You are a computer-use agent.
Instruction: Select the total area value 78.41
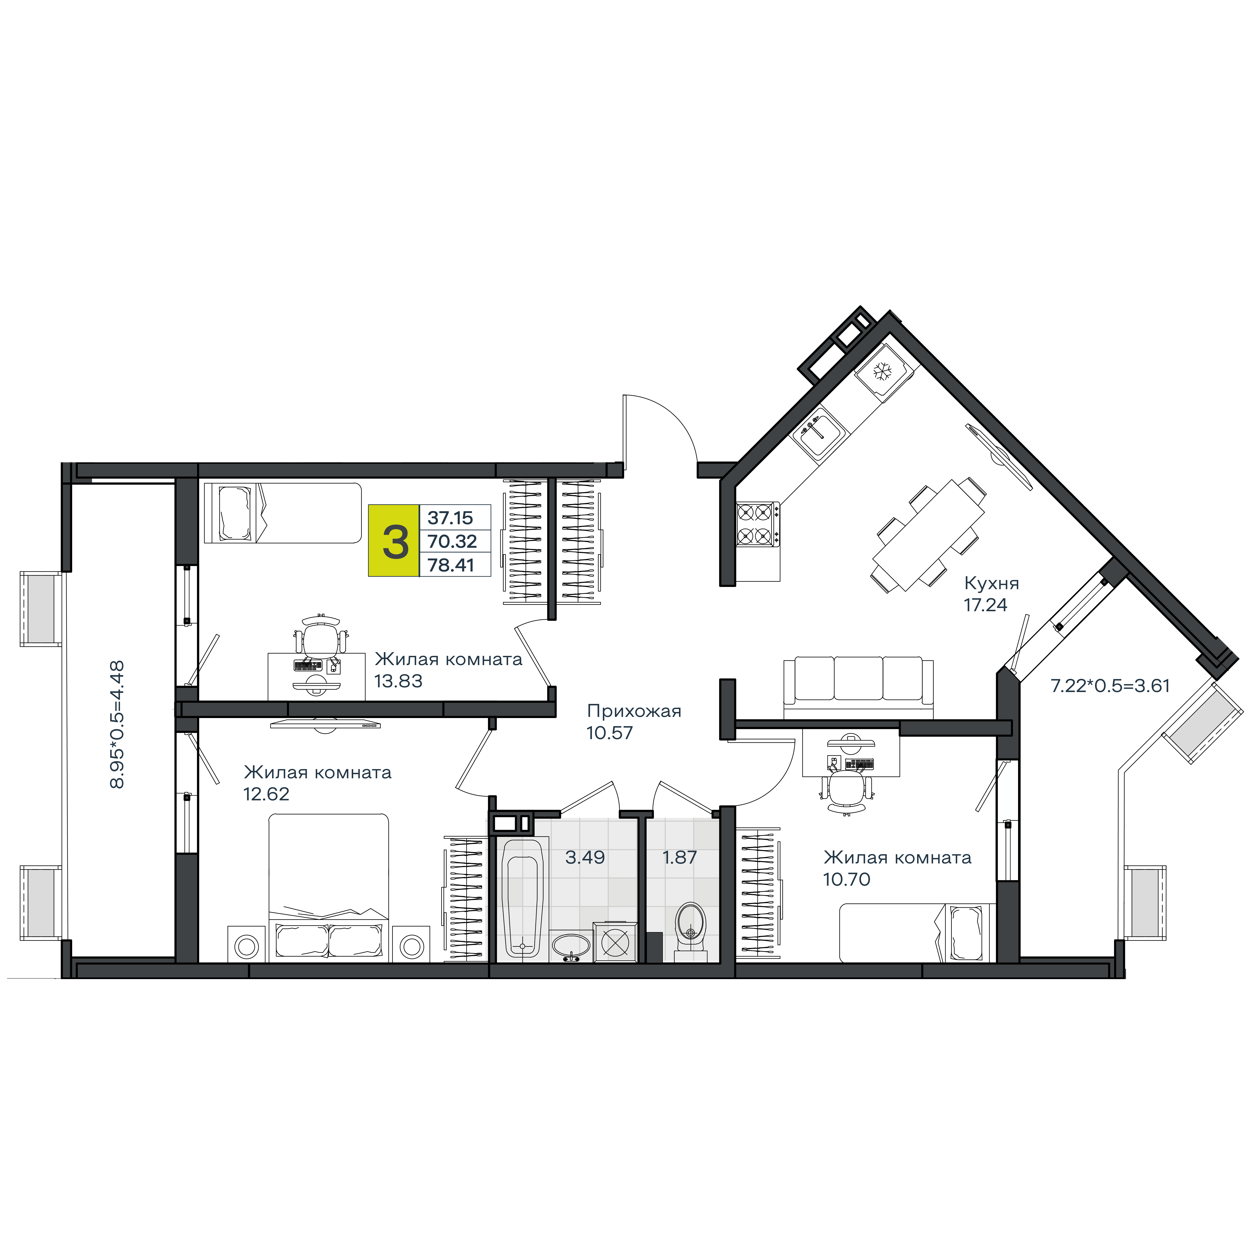point(450,565)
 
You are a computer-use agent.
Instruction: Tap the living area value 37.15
point(450,518)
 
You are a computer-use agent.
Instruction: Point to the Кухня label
point(991,583)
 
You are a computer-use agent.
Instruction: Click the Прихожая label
point(634,711)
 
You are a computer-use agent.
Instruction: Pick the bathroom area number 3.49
point(585,857)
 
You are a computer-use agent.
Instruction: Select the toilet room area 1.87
point(679,857)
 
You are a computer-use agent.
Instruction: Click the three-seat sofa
point(858,688)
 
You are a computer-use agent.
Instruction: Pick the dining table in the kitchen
point(928,535)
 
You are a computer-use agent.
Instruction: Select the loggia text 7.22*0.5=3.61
point(1110,686)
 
